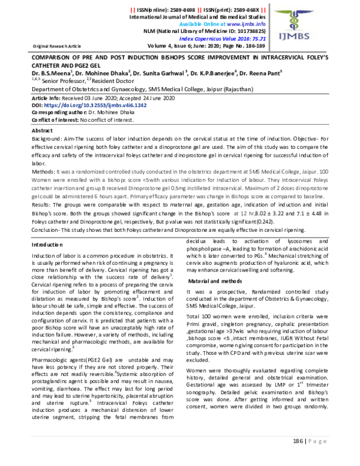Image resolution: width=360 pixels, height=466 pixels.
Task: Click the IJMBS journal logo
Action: pyautogui.click(x=321, y=26)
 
